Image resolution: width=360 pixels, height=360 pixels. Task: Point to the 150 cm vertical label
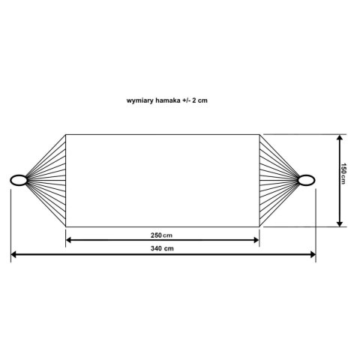tap(343, 174)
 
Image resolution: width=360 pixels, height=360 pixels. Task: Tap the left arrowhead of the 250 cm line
tap(70, 241)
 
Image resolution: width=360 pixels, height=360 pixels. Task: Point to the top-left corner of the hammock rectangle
tap(66, 134)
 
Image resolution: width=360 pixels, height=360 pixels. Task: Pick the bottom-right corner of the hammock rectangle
tap(259, 226)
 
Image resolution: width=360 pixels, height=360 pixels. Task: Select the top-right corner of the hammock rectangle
tap(259, 134)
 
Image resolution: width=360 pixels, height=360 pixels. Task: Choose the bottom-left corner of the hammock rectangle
tap(66, 226)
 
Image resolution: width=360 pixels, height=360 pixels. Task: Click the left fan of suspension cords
tap(46, 179)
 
